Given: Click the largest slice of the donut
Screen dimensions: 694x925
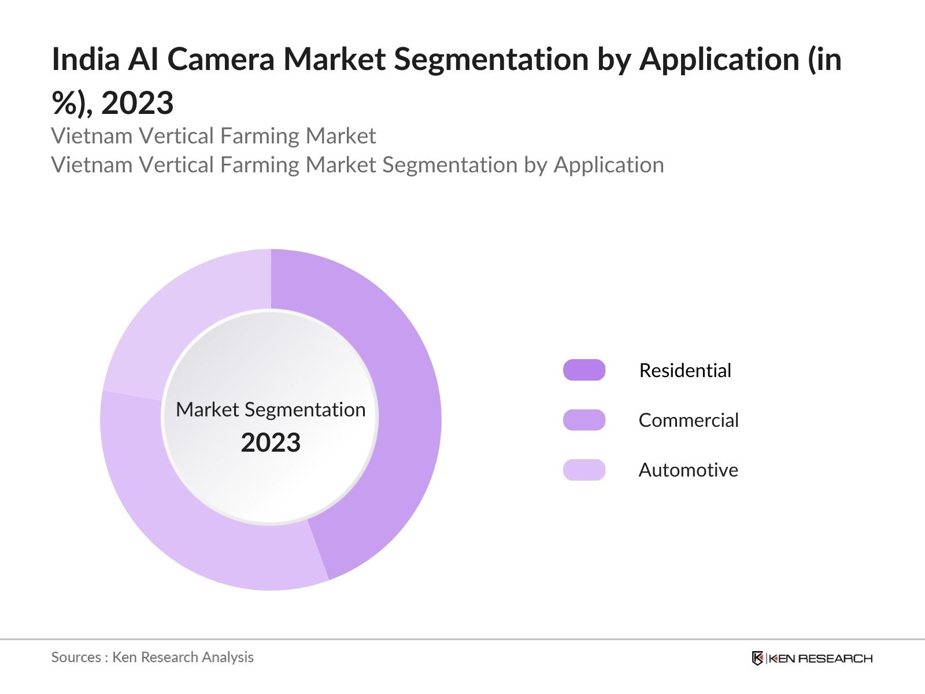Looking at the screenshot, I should (x=405, y=416).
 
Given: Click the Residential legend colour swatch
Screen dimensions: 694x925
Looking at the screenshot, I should (x=584, y=370).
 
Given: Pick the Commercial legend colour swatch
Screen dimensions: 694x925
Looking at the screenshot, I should (x=584, y=420).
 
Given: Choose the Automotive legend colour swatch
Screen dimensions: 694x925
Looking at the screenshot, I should (x=584, y=470).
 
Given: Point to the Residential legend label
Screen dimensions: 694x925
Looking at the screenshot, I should (x=685, y=370).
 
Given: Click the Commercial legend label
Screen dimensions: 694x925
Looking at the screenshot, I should (x=689, y=420).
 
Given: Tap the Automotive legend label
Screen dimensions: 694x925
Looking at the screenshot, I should (x=688, y=470).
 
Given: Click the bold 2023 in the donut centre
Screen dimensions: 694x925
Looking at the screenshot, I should (x=271, y=443).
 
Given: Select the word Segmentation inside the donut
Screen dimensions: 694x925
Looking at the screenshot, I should (x=305, y=409).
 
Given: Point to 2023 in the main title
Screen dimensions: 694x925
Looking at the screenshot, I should (x=137, y=103).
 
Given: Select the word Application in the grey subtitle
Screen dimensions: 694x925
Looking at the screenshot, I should (x=609, y=165).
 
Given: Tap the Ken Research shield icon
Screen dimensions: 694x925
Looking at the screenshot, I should (x=757, y=658).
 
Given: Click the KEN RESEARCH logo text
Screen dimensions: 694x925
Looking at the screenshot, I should (x=820, y=658).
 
